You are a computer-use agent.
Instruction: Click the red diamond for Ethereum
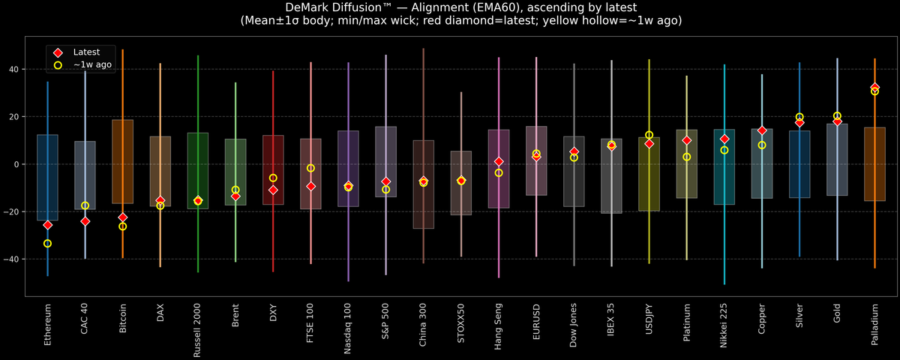pos(47,225)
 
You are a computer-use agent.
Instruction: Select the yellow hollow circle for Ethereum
pos(47,244)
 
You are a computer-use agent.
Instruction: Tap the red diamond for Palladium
pos(874,88)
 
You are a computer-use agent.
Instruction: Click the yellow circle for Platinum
pos(686,157)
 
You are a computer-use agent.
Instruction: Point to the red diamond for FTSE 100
pos(310,186)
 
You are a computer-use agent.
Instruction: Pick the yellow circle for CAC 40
pos(85,205)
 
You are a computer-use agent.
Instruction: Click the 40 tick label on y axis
pos(15,69)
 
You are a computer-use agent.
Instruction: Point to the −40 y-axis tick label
pos(13,259)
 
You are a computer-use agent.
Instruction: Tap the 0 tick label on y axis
pos(18,164)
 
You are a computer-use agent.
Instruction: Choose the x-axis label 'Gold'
pos(837,316)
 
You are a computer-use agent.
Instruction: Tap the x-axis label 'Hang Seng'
pos(499,325)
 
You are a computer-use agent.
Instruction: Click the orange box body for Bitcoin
pos(122,161)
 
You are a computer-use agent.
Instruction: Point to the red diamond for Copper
pos(762,131)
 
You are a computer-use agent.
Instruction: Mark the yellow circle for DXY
pos(273,178)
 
